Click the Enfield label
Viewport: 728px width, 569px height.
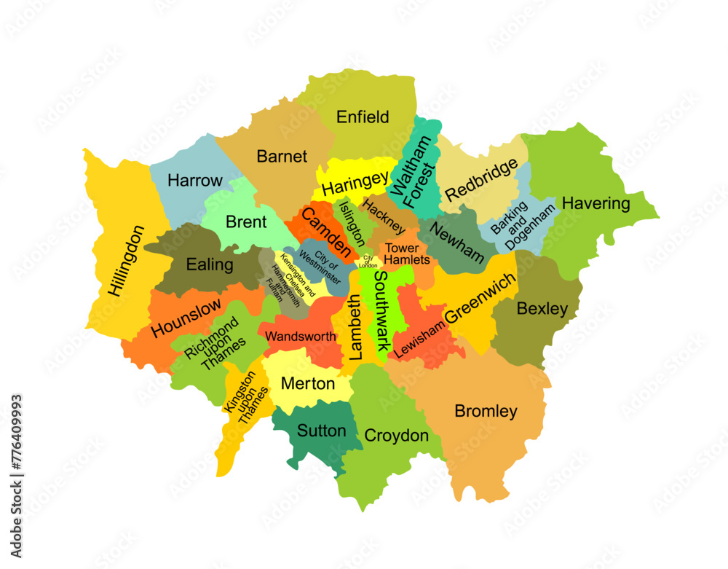click(x=363, y=117)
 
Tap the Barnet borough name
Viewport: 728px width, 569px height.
click(x=282, y=156)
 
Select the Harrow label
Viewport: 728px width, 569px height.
click(x=195, y=180)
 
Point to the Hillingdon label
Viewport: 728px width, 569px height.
click(x=126, y=260)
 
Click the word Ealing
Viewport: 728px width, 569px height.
click(x=210, y=264)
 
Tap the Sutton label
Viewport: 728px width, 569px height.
click(x=321, y=431)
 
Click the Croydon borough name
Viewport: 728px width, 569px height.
click(x=396, y=436)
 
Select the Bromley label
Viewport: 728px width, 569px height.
click(x=486, y=411)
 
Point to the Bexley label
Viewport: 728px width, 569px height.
click(x=542, y=309)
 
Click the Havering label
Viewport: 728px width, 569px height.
click(x=596, y=203)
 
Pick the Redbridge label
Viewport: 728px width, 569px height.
click(x=482, y=179)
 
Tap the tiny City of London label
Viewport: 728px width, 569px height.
click(x=368, y=262)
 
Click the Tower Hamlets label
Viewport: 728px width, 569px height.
click(x=401, y=254)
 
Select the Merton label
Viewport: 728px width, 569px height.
click(x=308, y=383)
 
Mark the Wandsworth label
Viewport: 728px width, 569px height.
click(x=301, y=337)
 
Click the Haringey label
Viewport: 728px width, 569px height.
click(x=355, y=183)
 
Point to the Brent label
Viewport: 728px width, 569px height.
click(x=246, y=222)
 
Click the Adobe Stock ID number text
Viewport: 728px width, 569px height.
click(x=16, y=445)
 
